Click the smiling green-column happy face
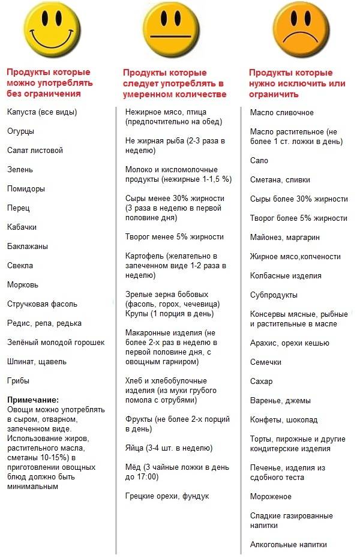pyautogui.click(x=55, y=26)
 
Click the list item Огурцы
pyautogui.click(x=21, y=131)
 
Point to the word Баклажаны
pyautogui.click(x=28, y=246)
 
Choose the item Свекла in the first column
pyautogui.click(x=20, y=265)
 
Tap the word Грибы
pyautogui.click(x=19, y=380)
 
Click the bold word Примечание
pyautogui.click(x=33, y=400)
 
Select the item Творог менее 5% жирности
pyautogui.click(x=175, y=236)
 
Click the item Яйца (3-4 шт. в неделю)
pyautogui.click(x=169, y=448)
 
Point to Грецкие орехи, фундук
pyautogui.click(x=167, y=496)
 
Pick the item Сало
pyautogui.click(x=259, y=160)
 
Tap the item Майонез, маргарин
pyautogui.click(x=284, y=237)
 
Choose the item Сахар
pyautogui.click(x=262, y=381)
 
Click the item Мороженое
pyautogui.click(x=271, y=496)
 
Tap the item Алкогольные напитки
pyautogui.click(x=289, y=544)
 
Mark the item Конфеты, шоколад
pyautogui.click(x=284, y=419)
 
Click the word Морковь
pyautogui.click(x=23, y=284)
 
